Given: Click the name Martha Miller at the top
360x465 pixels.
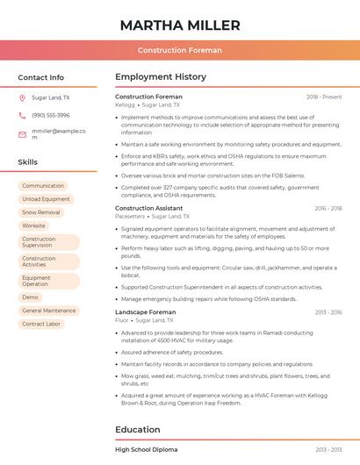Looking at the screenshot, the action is pyautogui.click(x=180, y=24).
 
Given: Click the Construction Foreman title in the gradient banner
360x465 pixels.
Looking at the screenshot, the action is pyautogui.click(x=180, y=50).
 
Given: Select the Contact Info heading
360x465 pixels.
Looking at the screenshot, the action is pyautogui.click(x=41, y=77).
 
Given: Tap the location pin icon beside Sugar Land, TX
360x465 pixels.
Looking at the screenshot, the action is pyautogui.click(x=22, y=98).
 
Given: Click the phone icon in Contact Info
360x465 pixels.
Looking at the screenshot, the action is pyautogui.click(x=22, y=115).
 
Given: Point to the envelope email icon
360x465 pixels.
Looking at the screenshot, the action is pyautogui.click(x=22, y=134).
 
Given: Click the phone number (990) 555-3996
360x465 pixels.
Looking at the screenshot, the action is pyautogui.click(x=51, y=115).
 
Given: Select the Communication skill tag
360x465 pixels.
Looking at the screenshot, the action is pyautogui.click(x=43, y=186).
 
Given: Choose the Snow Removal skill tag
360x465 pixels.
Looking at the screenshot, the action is pyautogui.click(x=41, y=212).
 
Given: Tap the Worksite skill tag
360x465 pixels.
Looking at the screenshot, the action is pyautogui.click(x=33, y=225).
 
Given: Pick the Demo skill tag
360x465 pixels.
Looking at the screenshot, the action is pyautogui.click(x=31, y=297).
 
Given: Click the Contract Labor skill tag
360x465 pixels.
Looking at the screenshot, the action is pyautogui.click(x=41, y=324).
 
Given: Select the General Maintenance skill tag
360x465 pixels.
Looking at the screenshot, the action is pyautogui.click(x=49, y=311).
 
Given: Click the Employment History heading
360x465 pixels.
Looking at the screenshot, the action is pyautogui.click(x=161, y=77).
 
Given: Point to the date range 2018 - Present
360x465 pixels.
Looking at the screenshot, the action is pyautogui.click(x=324, y=97).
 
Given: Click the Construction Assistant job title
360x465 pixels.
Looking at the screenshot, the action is pyautogui.click(x=149, y=208).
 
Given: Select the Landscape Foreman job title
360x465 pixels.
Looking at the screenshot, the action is pyautogui.click(x=146, y=312).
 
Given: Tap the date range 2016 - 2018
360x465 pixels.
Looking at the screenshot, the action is pyautogui.click(x=328, y=209).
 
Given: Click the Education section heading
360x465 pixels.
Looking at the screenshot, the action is pyautogui.click(x=138, y=430).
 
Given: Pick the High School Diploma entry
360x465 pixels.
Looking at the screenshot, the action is pyautogui.click(x=147, y=449).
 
